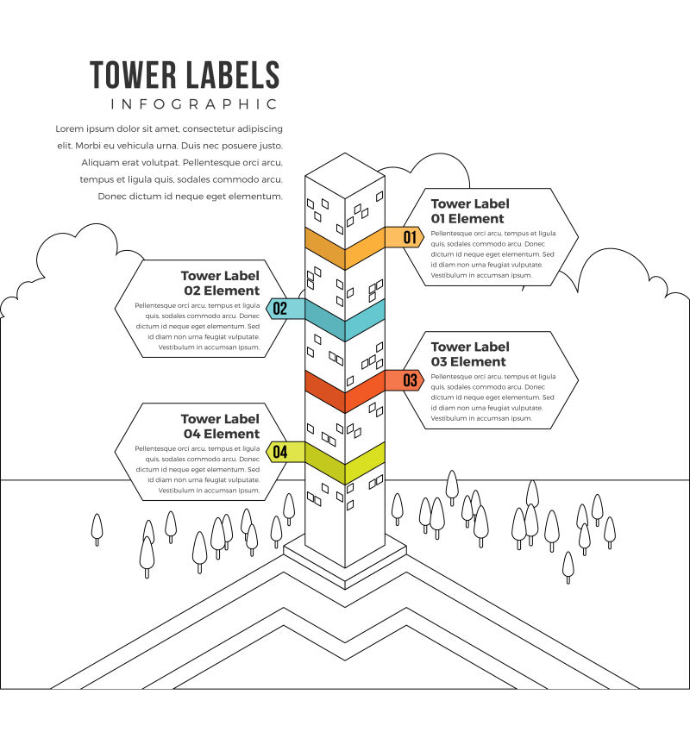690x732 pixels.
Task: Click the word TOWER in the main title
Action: (132, 75)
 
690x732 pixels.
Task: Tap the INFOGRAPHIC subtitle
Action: (195, 104)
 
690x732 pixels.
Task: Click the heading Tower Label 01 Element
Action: (470, 211)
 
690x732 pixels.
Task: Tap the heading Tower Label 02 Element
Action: (221, 283)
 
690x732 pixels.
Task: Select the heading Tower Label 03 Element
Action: (470, 354)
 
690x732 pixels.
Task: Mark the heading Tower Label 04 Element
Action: (221, 426)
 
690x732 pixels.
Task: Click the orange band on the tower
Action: (345, 248)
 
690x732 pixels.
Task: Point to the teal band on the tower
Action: (345, 320)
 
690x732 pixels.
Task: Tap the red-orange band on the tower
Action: (345, 391)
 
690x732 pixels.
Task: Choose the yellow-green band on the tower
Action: (345, 463)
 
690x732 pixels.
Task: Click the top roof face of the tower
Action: (345, 175)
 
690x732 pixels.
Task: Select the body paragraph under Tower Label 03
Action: (492, 397)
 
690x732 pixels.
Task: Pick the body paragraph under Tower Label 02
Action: (198, 326)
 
